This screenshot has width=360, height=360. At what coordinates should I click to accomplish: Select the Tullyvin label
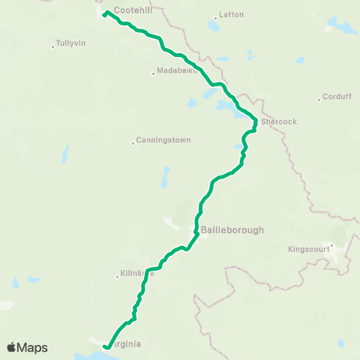[x=71, y=43]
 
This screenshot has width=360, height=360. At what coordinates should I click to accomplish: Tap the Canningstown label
[x=163, y=140]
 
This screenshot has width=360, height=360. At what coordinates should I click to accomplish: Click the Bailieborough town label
[x=232, y=230]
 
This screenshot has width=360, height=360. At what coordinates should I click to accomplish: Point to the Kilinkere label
[x=137, y=274]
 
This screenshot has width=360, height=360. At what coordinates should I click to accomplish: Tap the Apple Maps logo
[x=27, y=347]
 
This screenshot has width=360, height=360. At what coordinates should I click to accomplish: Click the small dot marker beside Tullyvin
[x=52, y=46]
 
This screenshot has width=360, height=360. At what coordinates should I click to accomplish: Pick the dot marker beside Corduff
[x=319, y=97]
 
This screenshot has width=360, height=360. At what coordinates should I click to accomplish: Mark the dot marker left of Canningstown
[x=133, y=142]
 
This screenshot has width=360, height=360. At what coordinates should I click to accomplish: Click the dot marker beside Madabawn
[x=153, y=73]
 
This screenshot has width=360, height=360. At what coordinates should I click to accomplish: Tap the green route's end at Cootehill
[x=104, y=15]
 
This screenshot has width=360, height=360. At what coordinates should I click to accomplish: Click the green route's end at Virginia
[x=106, y=346]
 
